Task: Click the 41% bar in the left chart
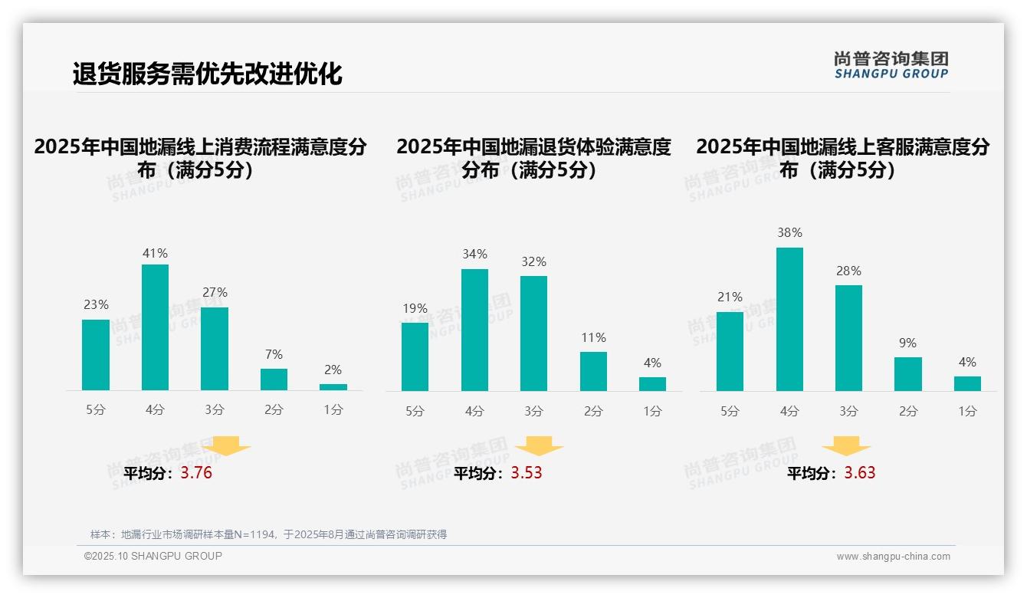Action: click(156, 327)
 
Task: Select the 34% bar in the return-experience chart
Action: click(474, 330)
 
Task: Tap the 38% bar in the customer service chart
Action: click(789, 319)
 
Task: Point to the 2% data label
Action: click(333, 370)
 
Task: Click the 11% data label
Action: click(593, 337)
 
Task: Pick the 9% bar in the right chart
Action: click(907, 374)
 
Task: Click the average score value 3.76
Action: click(196, 473)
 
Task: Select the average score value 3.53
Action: click(527, 473)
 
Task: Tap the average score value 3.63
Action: click(860, 473)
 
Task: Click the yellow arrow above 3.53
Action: click(539, 446)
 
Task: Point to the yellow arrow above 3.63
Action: click(846, 446)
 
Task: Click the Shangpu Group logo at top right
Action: click(891, 64)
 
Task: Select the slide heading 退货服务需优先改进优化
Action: click(207, 74)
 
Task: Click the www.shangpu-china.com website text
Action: click(893, 557)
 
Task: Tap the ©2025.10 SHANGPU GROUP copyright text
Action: click(153, 556)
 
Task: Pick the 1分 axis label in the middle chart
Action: click(652, 411)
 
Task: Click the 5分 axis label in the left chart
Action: click(96, 410)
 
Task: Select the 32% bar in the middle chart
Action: click(533, 333)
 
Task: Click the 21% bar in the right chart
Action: click(730, 351)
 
